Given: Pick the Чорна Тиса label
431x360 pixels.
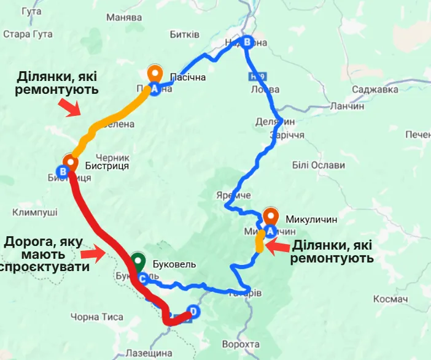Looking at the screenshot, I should [96, 317].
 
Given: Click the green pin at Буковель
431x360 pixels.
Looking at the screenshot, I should [138, 261].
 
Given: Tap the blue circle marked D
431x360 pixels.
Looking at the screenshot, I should [194, 311].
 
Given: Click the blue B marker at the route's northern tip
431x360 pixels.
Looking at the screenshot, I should [247, 42].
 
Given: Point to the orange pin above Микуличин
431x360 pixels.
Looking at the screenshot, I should [271, 216].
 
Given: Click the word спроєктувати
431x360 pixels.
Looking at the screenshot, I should [45, 268].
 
